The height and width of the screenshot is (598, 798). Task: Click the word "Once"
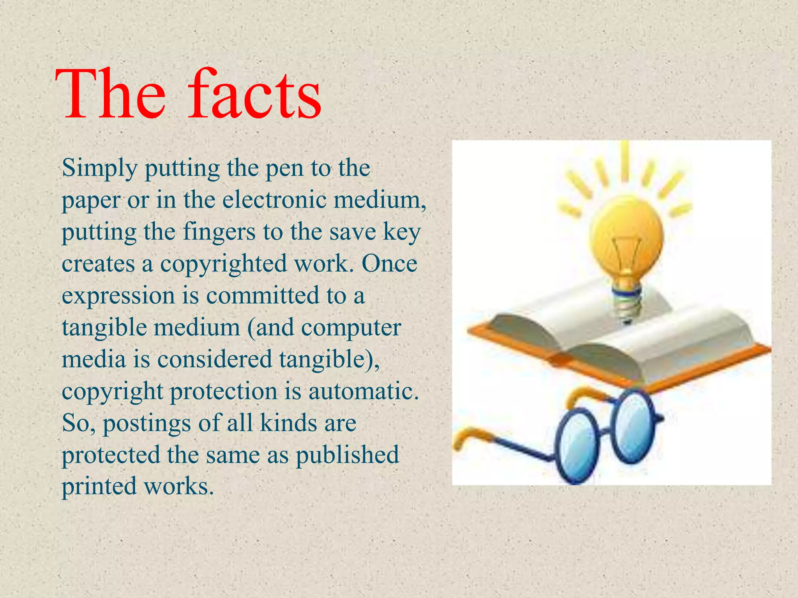pos(389,264)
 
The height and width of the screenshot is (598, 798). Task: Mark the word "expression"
pos(118,296)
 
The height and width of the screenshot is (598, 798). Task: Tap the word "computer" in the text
pos(351,328)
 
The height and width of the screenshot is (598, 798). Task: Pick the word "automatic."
pos(364,391)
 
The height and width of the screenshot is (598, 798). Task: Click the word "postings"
pos(147,424)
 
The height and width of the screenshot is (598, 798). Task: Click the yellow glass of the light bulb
pos(625,237)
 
